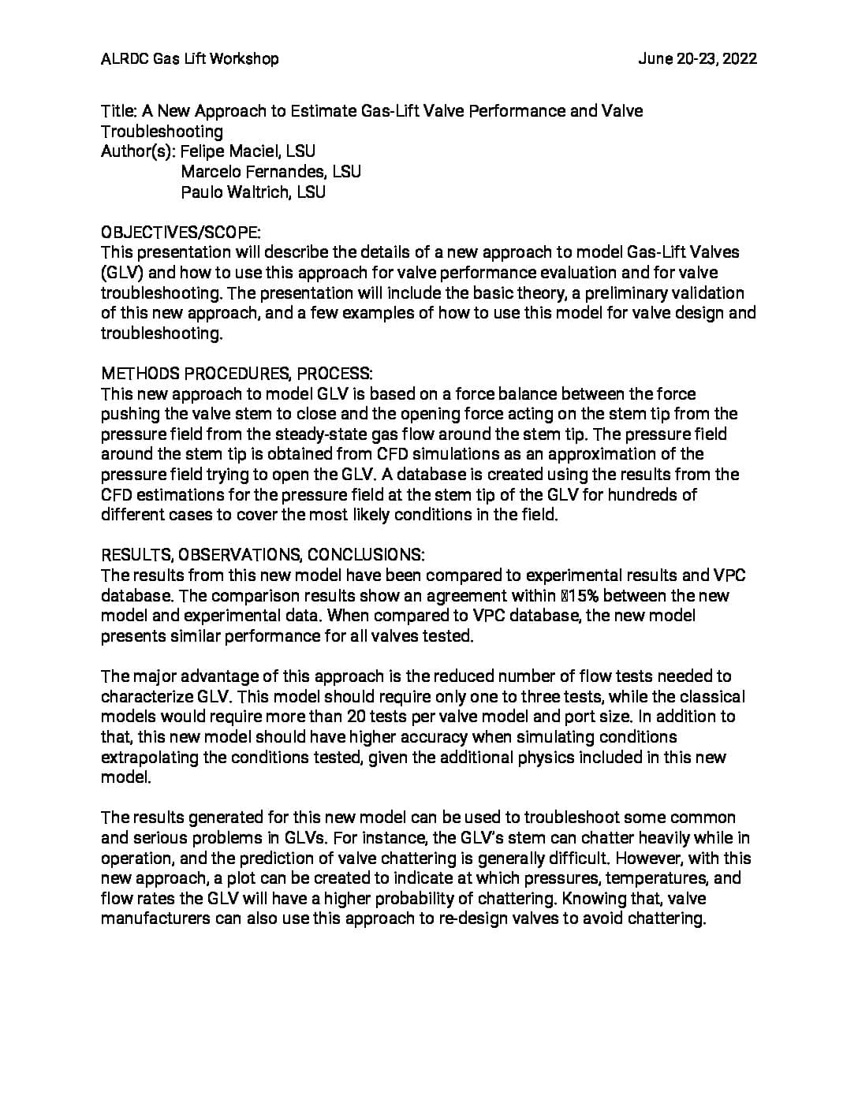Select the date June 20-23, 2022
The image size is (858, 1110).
coord(697,58)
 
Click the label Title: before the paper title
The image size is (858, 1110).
coord(119,111)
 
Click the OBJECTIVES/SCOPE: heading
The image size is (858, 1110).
coord(181,233)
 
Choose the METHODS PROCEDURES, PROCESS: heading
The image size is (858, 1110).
coord(237,374)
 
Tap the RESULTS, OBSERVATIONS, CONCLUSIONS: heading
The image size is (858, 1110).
coord(263,555)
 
